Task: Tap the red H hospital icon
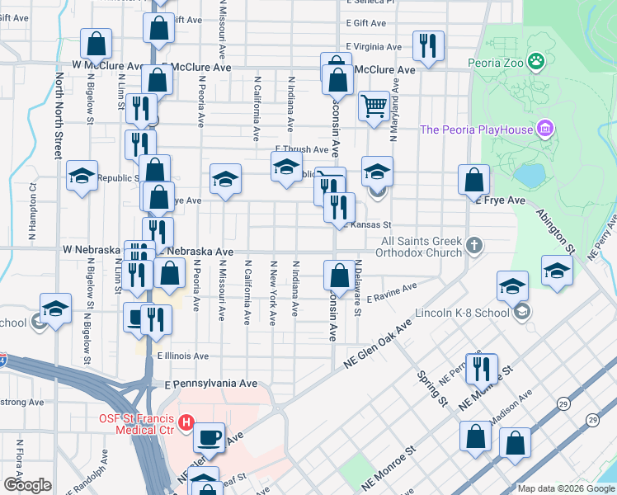coord(186,422)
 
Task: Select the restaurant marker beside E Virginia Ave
coord(428,45)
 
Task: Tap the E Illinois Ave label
coord(182,356)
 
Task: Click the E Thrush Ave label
coord(301,149)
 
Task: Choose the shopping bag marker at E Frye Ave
coord(474,179)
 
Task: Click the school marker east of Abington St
coord(557,270)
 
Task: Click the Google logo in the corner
coord(27,485)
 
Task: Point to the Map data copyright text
coord(565,488)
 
